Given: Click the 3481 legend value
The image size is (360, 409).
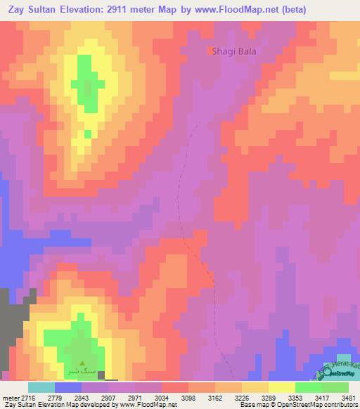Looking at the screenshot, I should (x=347, y=397).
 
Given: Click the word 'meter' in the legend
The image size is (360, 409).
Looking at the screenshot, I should (x=8, y=397).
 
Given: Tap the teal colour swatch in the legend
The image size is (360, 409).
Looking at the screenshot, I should (x=41, y=387).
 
